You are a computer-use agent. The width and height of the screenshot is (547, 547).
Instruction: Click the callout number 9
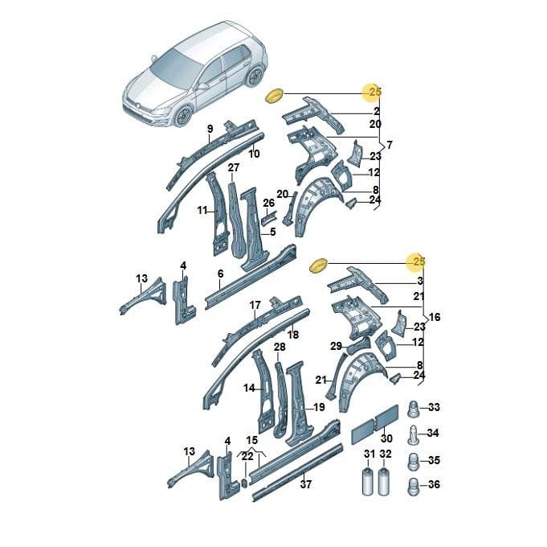pyautogui.click(x=210, y=129)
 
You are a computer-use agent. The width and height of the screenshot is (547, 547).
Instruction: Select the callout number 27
pyautogui.click(x=234, y=167)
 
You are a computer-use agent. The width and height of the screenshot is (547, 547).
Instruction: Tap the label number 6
pyautogui.click(x=220, y=273)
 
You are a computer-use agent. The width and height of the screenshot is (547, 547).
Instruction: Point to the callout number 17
pyautogui.click(x=255, y=306)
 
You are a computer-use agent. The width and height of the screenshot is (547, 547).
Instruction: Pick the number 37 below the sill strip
pyautogui.click(x=305, y=484)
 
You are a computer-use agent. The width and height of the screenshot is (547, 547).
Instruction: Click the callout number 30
pyautogui.click(x=386, y=438)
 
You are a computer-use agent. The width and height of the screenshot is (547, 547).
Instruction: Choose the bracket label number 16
pyautogui.click(x=435, y=317)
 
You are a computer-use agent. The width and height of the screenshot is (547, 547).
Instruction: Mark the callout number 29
pyautogui.click(x=336, y=346)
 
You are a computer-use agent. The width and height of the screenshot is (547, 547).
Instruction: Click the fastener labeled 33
pyautogui.click(x=414, y=409)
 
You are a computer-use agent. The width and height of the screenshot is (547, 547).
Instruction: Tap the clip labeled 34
pyautogui.click(x=413, y=434)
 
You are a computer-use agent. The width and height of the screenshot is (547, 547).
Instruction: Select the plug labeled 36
pyautogui.click(x=414, y=486)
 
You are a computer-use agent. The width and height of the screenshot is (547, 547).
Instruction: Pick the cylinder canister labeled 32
pyautogui.click(x=384, y=481)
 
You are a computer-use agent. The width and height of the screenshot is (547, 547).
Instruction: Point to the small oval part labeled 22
pyautogui.click(x=245, y=483)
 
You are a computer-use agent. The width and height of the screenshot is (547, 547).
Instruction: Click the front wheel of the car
pyautogui.click(x=183, y=117)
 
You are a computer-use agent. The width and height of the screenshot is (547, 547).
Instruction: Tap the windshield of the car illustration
pyautogui.click(x=175, y=67)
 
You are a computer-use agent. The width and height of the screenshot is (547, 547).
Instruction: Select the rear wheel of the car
pyautogui.click(x=255, y=76)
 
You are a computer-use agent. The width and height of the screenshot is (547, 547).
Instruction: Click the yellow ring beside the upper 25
pyautogui.click(x=275, y=96)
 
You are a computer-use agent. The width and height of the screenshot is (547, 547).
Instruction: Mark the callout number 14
pyautogui.click(x=249, y=388)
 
